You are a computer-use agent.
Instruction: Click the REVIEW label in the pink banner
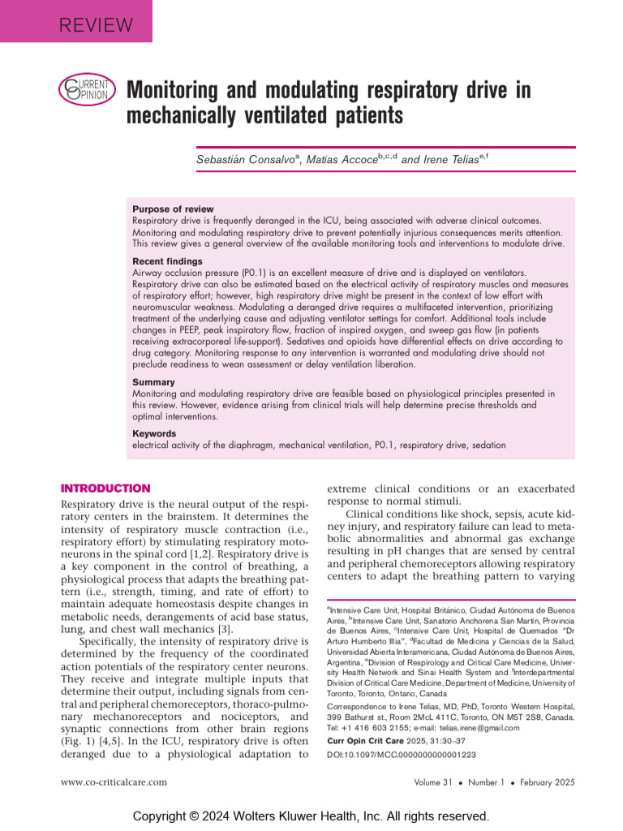(x=96, y=24)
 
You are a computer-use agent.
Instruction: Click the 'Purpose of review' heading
(x=173, y=209)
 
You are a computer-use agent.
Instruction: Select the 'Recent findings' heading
(x=167, y=262)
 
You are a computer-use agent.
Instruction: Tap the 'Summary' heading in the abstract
(x=153, y=382)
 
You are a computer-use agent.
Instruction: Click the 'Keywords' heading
(x=154, y=434)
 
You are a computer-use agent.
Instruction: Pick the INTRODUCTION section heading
(x=105, y=489)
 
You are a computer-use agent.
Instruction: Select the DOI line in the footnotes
(x=401, y=755)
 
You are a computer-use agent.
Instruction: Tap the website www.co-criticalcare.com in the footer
(x=114, y=782)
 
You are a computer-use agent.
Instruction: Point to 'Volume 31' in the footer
(x=436, y=782)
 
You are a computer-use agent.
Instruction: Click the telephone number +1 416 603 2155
(x=372, y=728)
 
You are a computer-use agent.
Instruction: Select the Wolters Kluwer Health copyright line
(x=311, y=816)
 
